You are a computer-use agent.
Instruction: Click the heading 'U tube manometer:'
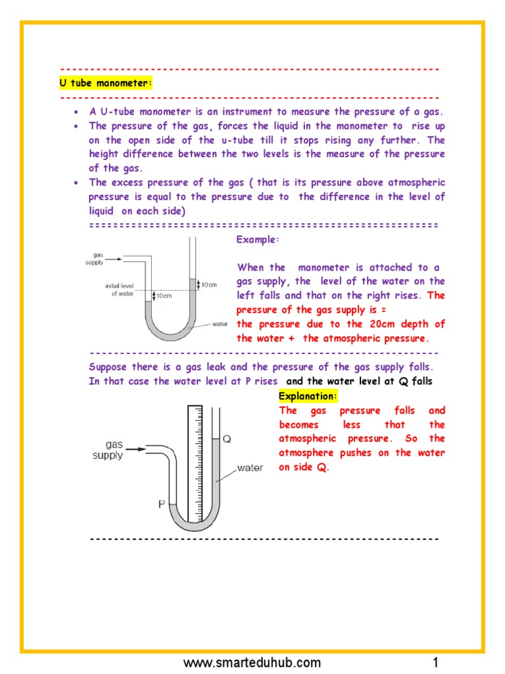(x=105, y=84)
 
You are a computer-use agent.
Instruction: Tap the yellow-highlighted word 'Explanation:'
(x=308, y=396)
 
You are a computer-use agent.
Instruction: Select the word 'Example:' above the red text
(x=258, y=240)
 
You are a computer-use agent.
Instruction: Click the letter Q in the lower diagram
(x=227, y=439)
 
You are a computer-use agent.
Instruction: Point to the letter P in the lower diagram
(x=160, y=504)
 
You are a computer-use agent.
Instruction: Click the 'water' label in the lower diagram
(x=250, y=468)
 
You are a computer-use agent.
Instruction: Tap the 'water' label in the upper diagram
(x=220, y=324)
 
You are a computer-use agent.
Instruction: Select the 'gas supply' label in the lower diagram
(x=108, y=450)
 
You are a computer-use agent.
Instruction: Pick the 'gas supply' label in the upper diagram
(x=95, y=258)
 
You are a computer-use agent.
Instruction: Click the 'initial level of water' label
(x=119, y=290)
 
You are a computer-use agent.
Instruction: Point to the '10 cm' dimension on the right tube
(x=208, y=284)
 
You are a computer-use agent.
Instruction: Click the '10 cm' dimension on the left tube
(x=164, y=296)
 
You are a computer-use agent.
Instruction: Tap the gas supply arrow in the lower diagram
(x=135, y=450)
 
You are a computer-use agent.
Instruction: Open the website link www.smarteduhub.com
(x=252, y=662)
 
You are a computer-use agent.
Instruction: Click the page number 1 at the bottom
(x=435, y=662)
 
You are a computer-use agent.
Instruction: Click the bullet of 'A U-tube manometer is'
(x=77, y=112)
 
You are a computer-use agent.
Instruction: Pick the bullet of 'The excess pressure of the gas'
(x=77, y=183)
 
